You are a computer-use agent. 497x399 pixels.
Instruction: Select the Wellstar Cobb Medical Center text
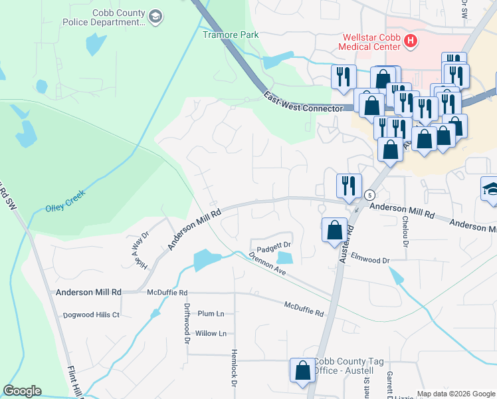pos(370,42)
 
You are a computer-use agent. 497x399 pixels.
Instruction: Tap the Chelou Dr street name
pos(403,229)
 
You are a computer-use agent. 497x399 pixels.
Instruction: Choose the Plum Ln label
pos(211,313)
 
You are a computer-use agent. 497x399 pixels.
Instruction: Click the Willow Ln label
pos(211,333)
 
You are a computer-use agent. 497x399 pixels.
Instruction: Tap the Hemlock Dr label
pos(234,368)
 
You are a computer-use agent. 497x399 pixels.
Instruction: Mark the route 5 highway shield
pos(370,195)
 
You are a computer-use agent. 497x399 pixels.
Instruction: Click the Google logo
pos(23,391)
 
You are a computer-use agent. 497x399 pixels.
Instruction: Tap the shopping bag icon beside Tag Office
pos(302,372)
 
